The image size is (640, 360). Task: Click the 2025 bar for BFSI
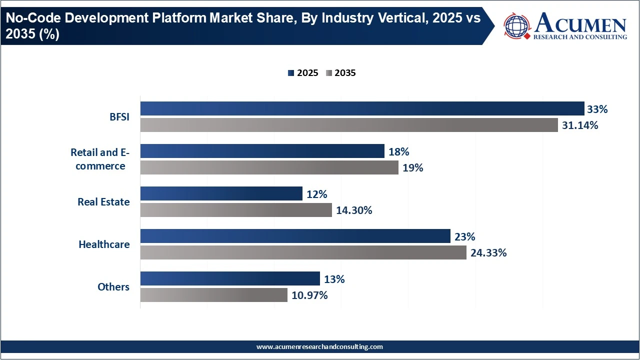pos(362,108)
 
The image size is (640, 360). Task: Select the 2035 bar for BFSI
pos(349,125)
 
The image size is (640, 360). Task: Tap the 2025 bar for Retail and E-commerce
pos(262,151)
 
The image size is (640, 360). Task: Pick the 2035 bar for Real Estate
pos(236,210)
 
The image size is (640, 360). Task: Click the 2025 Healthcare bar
pos(295,236)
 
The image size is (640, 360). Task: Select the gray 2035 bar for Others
pos(213,295)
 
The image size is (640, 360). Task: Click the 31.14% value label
pos(580,125)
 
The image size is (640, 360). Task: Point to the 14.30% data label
pos(354,210)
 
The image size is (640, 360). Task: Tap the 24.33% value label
pos(488,253)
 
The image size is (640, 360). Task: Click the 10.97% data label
pos(309,295)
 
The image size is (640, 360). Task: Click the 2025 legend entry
pos(303,73)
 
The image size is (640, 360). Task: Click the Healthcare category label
pos(104,244)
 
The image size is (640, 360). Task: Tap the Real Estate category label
pos(103,202)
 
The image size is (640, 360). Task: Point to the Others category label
pos(113,287)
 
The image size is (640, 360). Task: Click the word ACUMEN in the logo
pos(580,24)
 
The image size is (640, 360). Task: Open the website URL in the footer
pos(319,346)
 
